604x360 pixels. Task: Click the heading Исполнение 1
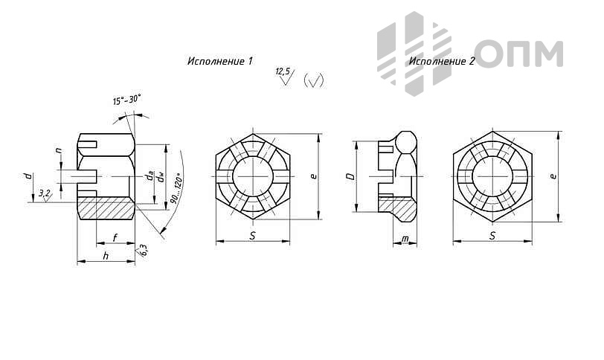[220, 61]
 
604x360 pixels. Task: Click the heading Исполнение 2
[442, 61]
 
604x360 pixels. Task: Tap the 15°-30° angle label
[127, 100]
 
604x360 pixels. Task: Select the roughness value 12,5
[283, 71]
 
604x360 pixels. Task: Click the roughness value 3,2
[45, 193]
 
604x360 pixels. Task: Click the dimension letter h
[106, 256]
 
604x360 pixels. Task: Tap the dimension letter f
[115, 237]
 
